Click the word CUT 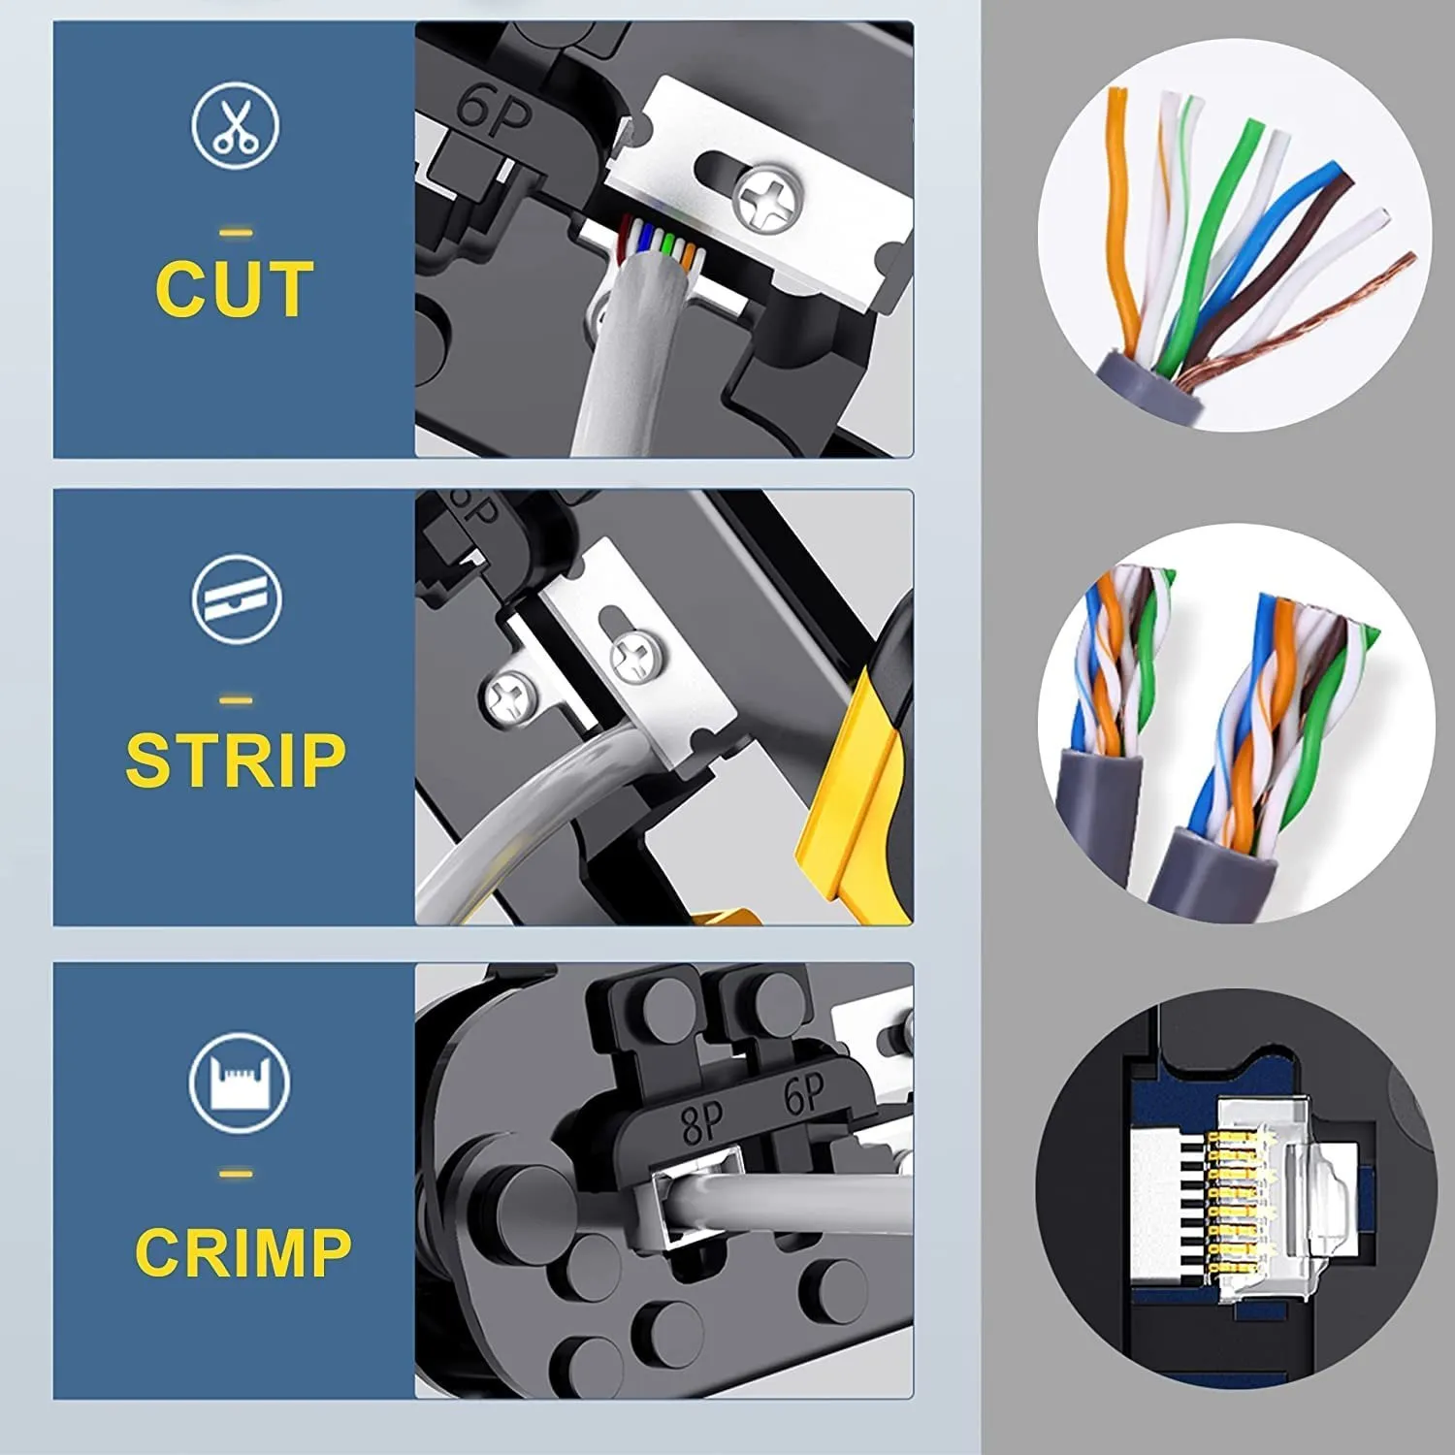(234, 289)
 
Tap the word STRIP (236, 760)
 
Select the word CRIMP (242, 1251)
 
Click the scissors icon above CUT (236, 127)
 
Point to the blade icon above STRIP (237, 598)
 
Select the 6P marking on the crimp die (804, 1096)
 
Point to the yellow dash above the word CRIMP (237, 1175)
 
